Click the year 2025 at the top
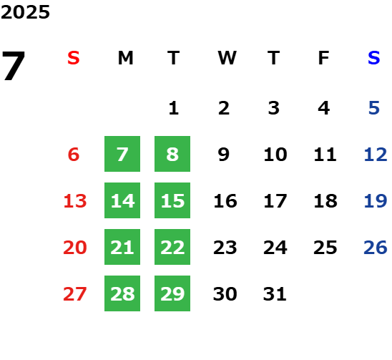25,12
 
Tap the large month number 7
14,66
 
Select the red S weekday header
74,58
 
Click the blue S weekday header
374,58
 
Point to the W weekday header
227,58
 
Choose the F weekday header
324,58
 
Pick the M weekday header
125,58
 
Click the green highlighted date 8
172,154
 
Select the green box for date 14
122,200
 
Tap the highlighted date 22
172,247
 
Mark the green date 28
122,293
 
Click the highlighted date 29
172,293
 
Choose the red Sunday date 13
75,201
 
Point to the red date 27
75,294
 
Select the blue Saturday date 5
374,108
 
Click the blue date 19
376,201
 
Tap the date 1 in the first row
174,108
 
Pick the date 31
275,294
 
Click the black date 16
225,201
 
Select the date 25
325,248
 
